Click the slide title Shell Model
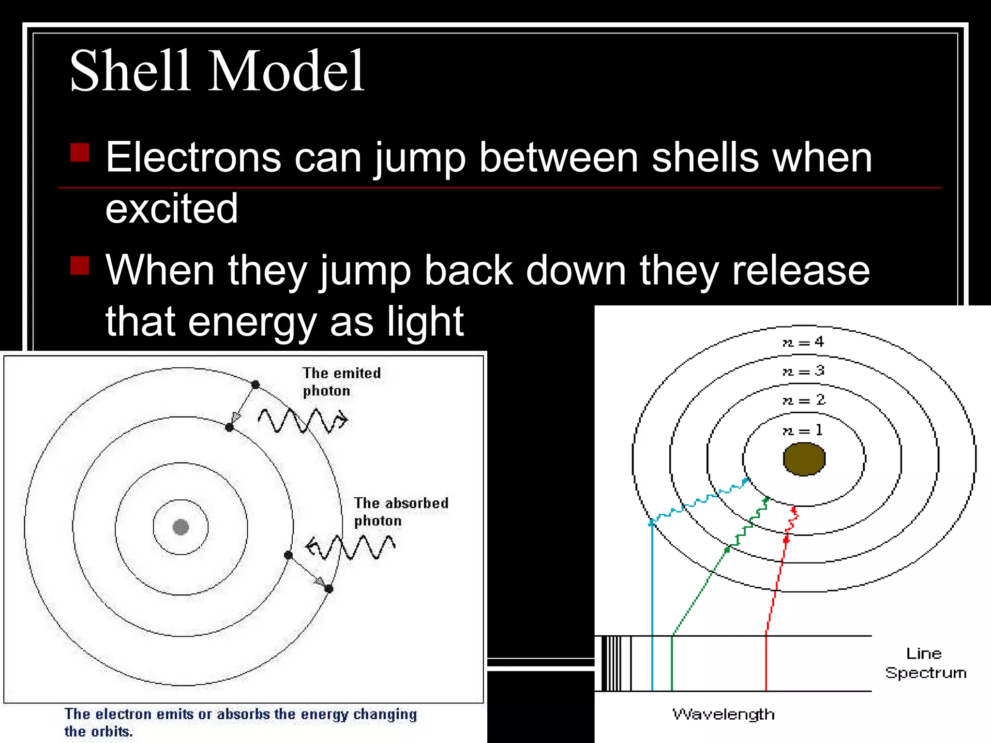(x=217, y=72)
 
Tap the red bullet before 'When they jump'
(x=80, y=265)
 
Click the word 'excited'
(x=171, y=209)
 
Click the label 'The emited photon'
(x=341, y=382)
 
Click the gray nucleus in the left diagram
(x=180, y=527)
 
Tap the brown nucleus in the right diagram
(x=804, y=459)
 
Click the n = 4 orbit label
(x=803, y=342)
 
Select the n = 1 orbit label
(x=803, y=430)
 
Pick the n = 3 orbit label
(x=803, y=371)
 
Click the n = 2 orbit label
(x=803, y=400)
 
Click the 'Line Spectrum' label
(x=925, y=663)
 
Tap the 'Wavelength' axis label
(x=723, y=714)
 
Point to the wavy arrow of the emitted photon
(x=302, y=420)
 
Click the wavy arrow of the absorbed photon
(x=351, y=548)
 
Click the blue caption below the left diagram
(x=240, y=722)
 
